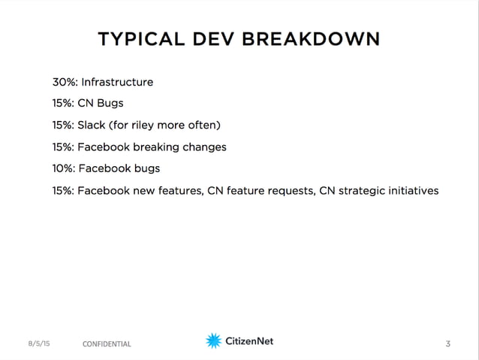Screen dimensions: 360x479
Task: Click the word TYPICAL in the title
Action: click(x=140, y=39)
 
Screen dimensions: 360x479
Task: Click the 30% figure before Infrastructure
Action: click(x=64, y=82)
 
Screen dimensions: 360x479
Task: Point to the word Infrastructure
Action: click(x=117, y=82)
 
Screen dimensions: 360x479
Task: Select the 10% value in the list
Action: click(x=63, y=168)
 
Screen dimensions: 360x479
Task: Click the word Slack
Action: click(x=92, y=125)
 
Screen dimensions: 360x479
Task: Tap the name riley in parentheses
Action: click(x=146, y=125)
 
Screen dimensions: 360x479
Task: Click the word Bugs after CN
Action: click(x=111, y=104)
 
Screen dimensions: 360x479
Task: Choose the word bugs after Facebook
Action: click(x=144, y=168)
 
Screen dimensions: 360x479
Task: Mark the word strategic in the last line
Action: click(x=363, y=190)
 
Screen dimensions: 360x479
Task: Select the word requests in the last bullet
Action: click(x=290, y=190)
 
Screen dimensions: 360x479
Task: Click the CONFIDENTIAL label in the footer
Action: click(x=107, y=344)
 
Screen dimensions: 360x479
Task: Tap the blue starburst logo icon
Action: click(x=213, y=341)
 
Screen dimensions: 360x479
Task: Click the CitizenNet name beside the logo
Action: click(x=249, y=341)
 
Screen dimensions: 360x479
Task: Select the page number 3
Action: click(x=448, y=344)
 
